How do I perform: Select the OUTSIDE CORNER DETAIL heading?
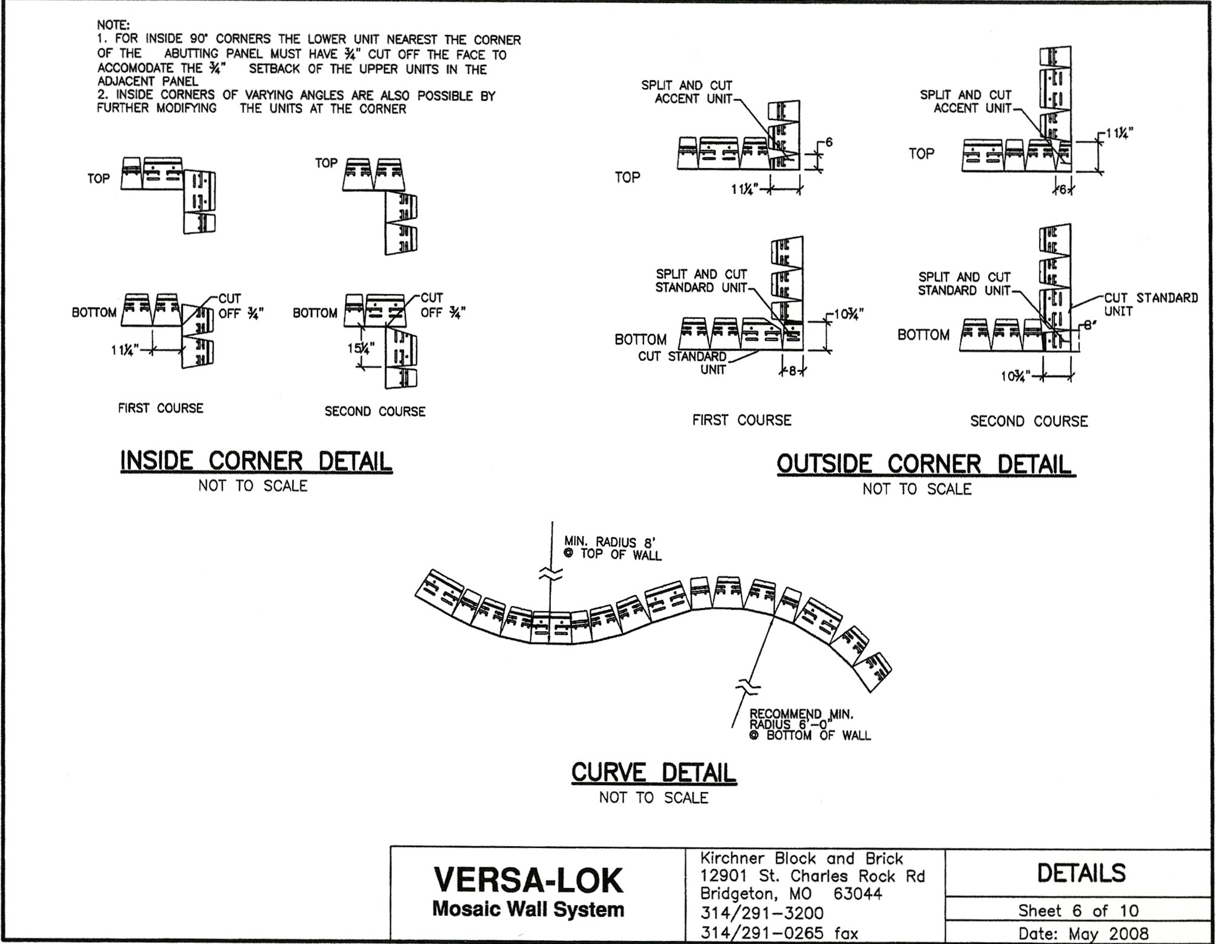pos(926,464)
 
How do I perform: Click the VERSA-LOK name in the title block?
pos(528,880)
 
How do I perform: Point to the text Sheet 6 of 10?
pos(1078,911)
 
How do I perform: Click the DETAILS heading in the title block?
pos(1081,873)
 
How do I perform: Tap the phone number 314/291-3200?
pos(762,913)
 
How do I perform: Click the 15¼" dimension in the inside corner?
pos(361,348)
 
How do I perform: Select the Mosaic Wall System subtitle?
pos(528,909)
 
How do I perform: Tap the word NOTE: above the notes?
pos(113,25)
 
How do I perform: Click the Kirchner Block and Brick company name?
pos(801,858)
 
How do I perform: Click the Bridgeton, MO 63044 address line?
pos(791,894)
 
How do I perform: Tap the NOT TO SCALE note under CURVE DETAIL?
pos(654,798)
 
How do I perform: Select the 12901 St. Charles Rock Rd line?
pos(812,876)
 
